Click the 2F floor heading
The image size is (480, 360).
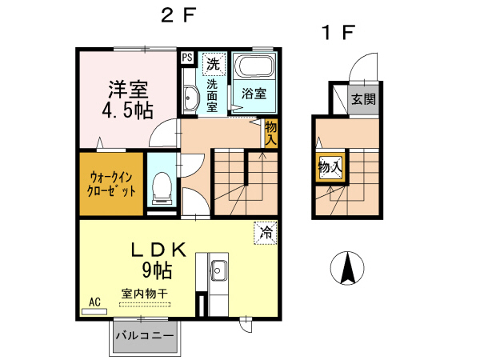[179, 15]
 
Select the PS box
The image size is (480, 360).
[186, 58]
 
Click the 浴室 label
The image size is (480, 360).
[254, 93]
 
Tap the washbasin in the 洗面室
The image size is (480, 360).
[190, 98]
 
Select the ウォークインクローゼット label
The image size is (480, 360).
[112, 184]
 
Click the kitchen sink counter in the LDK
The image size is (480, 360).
[218, 276]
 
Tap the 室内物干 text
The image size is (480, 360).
[144, 294]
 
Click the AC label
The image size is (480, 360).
[94, 302]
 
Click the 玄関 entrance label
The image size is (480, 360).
[362, 100]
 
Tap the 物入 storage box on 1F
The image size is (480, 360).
[330, 167]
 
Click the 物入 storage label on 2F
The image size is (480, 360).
[271, 133]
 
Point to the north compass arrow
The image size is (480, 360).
[348, 268]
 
